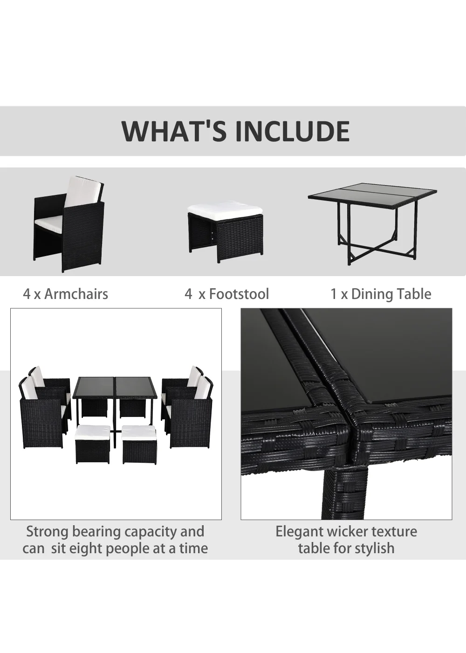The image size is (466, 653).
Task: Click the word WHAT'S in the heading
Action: click(174, 131)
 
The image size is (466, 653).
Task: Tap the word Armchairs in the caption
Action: click(76, 294)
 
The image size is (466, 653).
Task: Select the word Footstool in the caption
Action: click(239, 294)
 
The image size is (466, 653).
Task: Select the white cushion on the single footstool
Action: click(225, 210)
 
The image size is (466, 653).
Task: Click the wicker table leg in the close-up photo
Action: click(349, 489)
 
